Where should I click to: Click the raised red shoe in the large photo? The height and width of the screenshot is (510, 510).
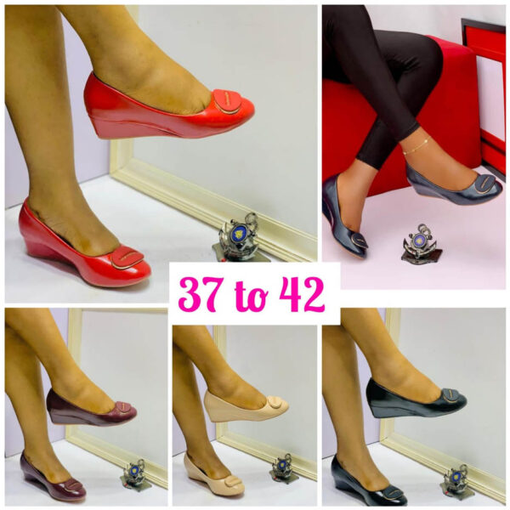pyautogui.click(x=169, y=107)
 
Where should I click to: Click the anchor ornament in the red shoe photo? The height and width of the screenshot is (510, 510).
pyautogui.click(x=241, y=237)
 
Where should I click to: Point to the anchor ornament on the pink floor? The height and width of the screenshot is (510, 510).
pyautogui.click(x=421, y=243)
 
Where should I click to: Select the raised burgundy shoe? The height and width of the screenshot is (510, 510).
pyautogui.click(x=92, y=409)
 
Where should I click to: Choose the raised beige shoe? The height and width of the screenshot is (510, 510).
pyautogui.click(x=246, y=406)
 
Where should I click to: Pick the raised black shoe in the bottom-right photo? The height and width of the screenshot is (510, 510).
pyautogui.click(x=416, y=399)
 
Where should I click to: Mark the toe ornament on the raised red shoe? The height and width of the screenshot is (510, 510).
pyautogui.click(x=227, y=101)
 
